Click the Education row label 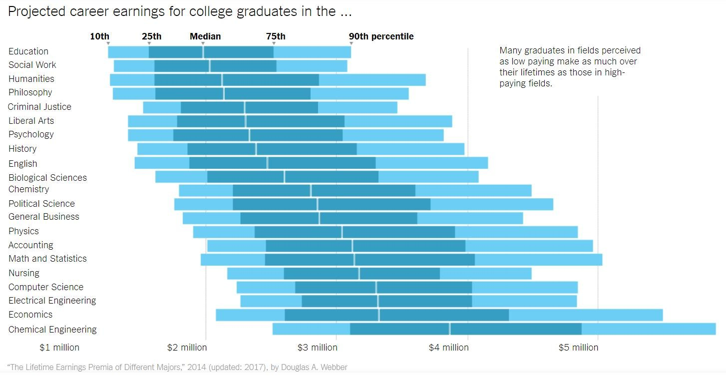point(28,51)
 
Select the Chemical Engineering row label point(52,330)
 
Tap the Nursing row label point(24,273)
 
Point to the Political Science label point(41,204)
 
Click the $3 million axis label point(317,348)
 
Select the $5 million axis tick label point(578,348)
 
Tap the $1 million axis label point(59,348)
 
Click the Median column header point(205,36)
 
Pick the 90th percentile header point(381,36)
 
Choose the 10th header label point(99,36)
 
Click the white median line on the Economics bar point(379,315)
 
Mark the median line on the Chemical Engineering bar point(450,329)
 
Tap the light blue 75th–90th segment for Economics point(585,315)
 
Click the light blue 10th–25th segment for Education point(128,51)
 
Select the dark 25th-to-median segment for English point(228,163)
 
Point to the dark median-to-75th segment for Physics point(398,232)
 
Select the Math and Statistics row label point(47,259)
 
